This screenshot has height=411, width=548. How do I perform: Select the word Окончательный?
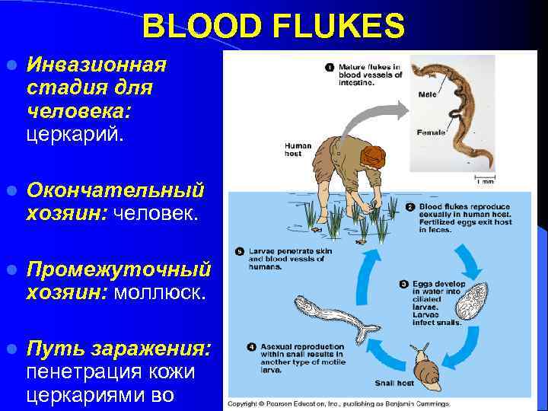[116, 188]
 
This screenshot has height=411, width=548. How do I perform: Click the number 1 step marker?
[330, 67]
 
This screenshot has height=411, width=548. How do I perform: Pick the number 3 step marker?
[404, 284]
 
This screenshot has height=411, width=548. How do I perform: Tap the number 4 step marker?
[252, 348]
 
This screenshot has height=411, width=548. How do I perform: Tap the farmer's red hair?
[372, 156]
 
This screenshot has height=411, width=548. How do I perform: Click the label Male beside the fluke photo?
[427, 94]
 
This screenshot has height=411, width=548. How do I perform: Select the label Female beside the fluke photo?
[431, 132]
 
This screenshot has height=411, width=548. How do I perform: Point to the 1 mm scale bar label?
[486, 181]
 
